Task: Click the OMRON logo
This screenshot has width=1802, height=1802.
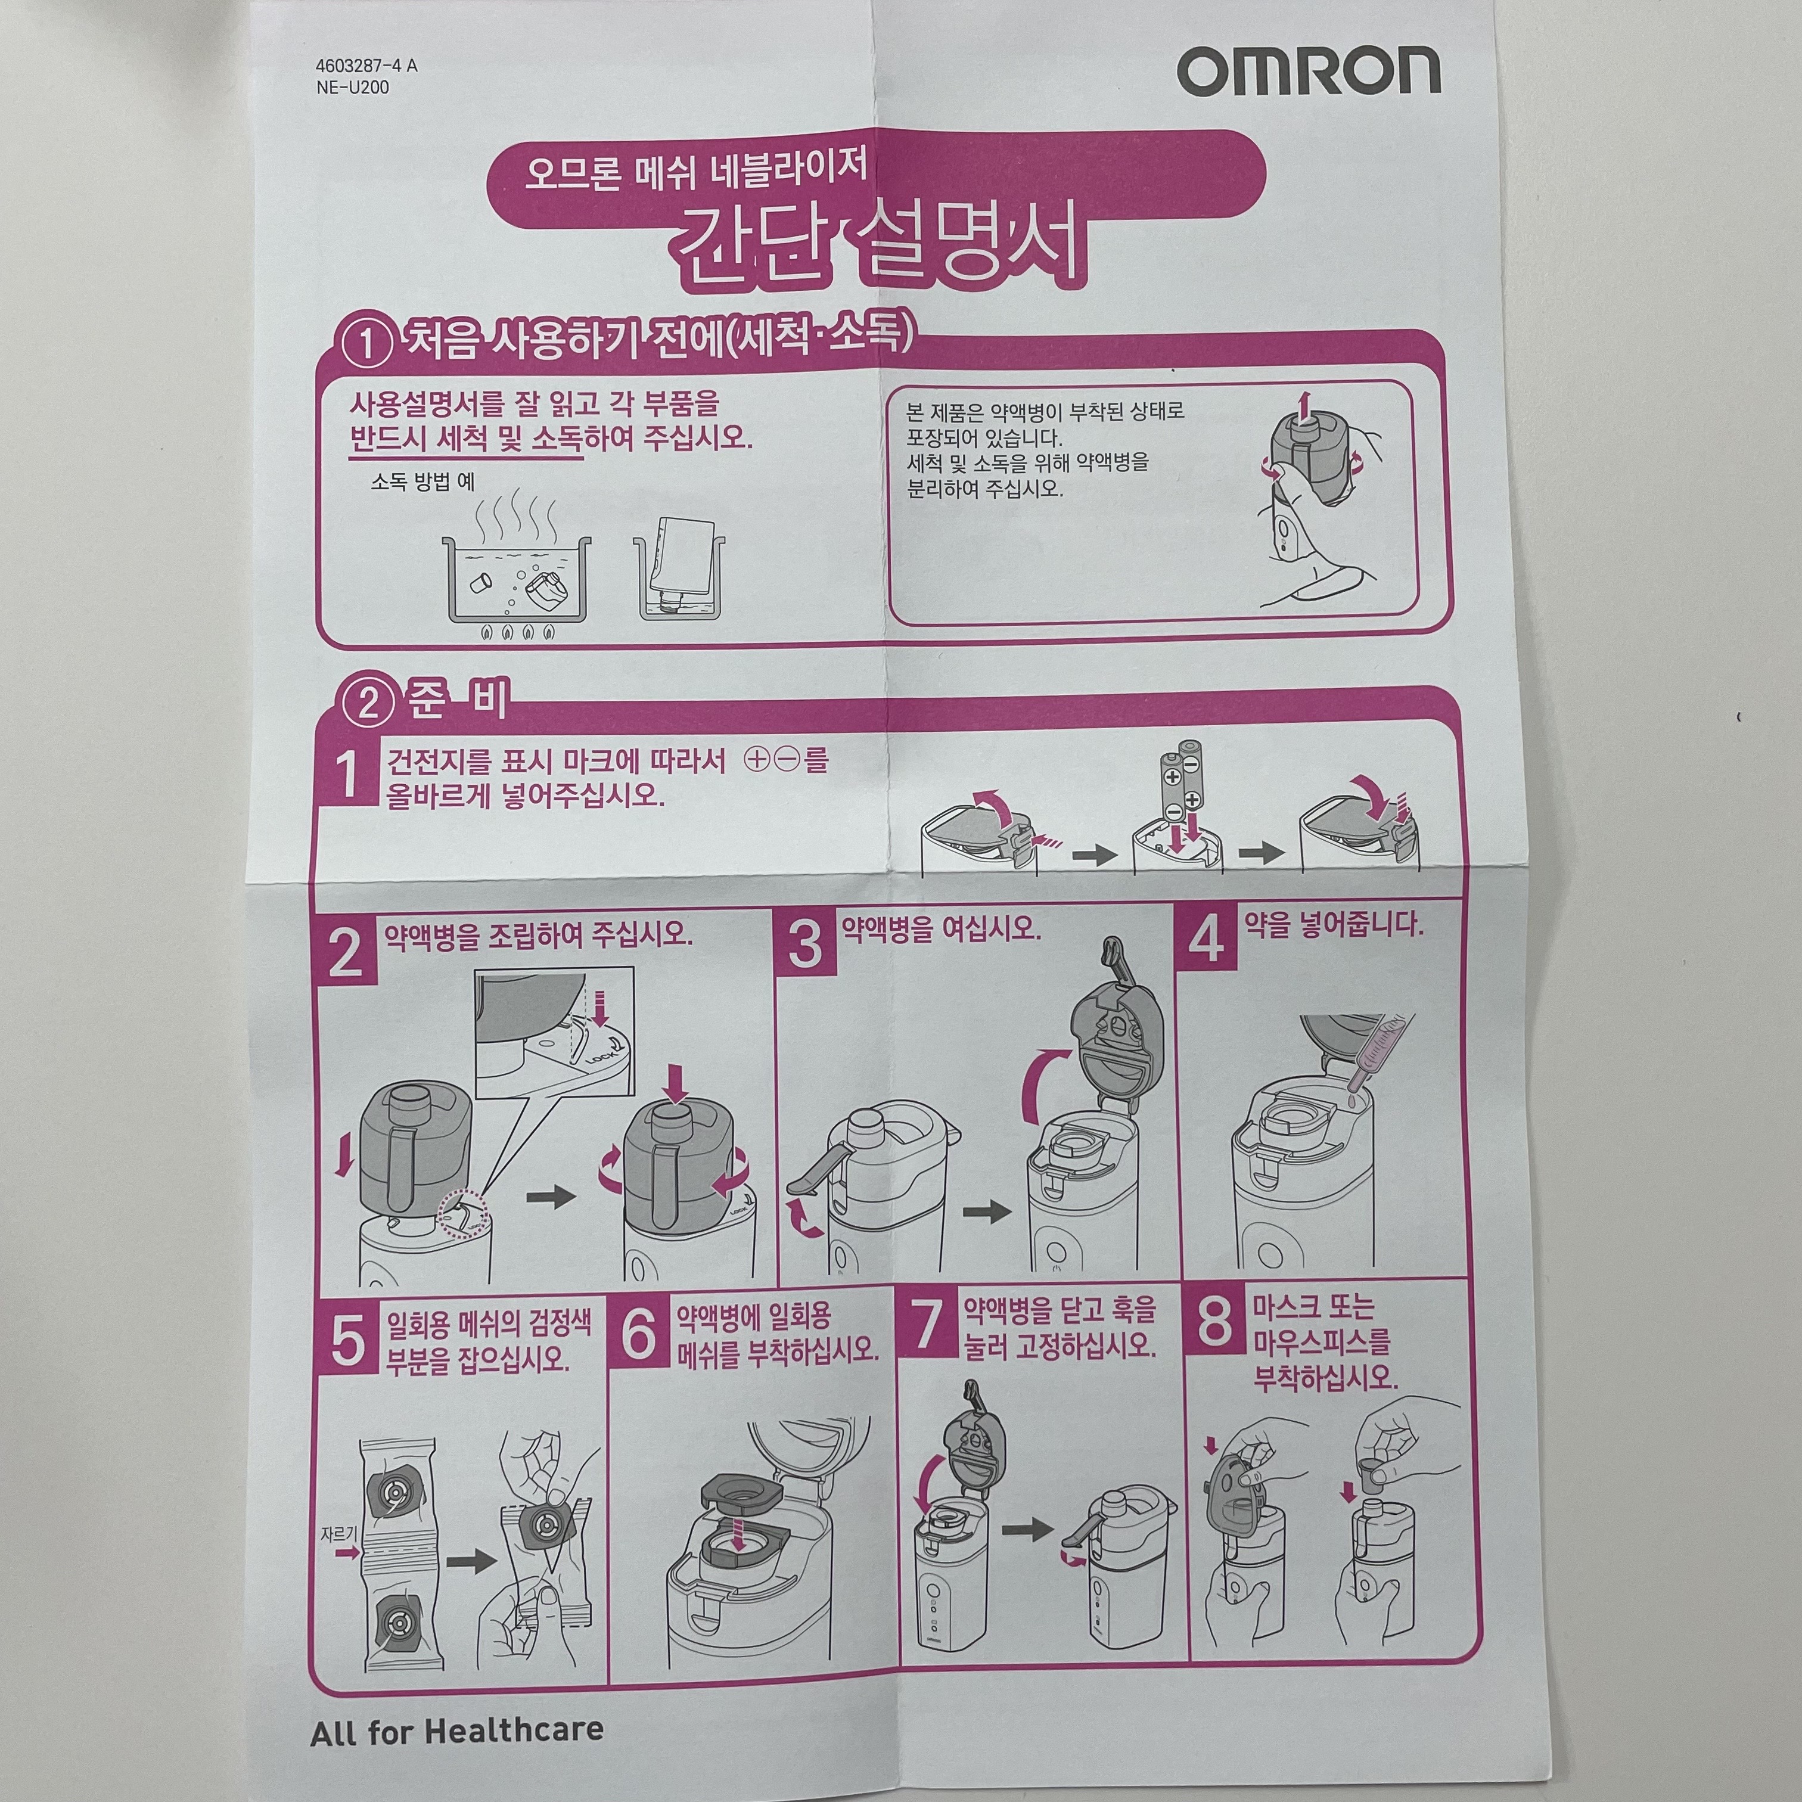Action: click(x=1309, y=72)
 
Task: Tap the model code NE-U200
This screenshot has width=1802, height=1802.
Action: click(x=353, y=88)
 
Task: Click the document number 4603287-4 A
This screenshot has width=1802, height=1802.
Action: click(x=366, y=66)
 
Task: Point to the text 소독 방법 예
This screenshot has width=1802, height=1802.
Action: click(x=422, y=482)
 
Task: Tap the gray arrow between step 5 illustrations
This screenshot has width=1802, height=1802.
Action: click(x=471, y=1561)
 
